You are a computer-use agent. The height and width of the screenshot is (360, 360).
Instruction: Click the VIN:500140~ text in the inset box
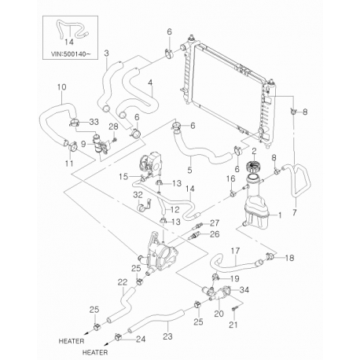coord(70,54)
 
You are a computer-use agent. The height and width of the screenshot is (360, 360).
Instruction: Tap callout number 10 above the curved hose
coord(61,87)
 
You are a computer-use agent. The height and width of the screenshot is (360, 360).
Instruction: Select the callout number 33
coord(94,122)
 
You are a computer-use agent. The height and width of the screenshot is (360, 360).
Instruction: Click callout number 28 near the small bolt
coord(114,127)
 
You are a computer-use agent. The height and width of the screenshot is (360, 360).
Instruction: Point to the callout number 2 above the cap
coord(254,151)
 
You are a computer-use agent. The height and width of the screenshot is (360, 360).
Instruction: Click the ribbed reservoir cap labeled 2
coord(253,167)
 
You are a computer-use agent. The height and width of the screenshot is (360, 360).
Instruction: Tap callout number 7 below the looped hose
coord(295,212)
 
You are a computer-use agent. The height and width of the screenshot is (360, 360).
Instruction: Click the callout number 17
coord(235,251)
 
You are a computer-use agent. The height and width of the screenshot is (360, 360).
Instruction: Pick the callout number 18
coord(289,258)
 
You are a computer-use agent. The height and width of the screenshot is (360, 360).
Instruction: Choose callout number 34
coord(244,290)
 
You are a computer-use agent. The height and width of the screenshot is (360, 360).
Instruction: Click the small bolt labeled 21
coord(235,310)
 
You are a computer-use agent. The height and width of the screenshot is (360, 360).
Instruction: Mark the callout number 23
coord(167,336)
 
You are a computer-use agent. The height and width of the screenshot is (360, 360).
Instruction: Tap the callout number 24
coord(141,340)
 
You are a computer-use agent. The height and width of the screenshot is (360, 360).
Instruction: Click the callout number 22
coord(123,282)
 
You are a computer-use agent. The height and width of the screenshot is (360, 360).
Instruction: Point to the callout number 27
coord(215,223)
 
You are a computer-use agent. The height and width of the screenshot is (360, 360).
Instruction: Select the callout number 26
coord(215,234)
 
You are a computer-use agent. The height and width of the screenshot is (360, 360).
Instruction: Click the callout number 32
coord(138,195)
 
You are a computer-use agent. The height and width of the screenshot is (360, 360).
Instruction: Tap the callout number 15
coord(123,177)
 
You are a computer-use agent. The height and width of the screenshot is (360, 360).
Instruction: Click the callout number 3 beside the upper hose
coord(106,53)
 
